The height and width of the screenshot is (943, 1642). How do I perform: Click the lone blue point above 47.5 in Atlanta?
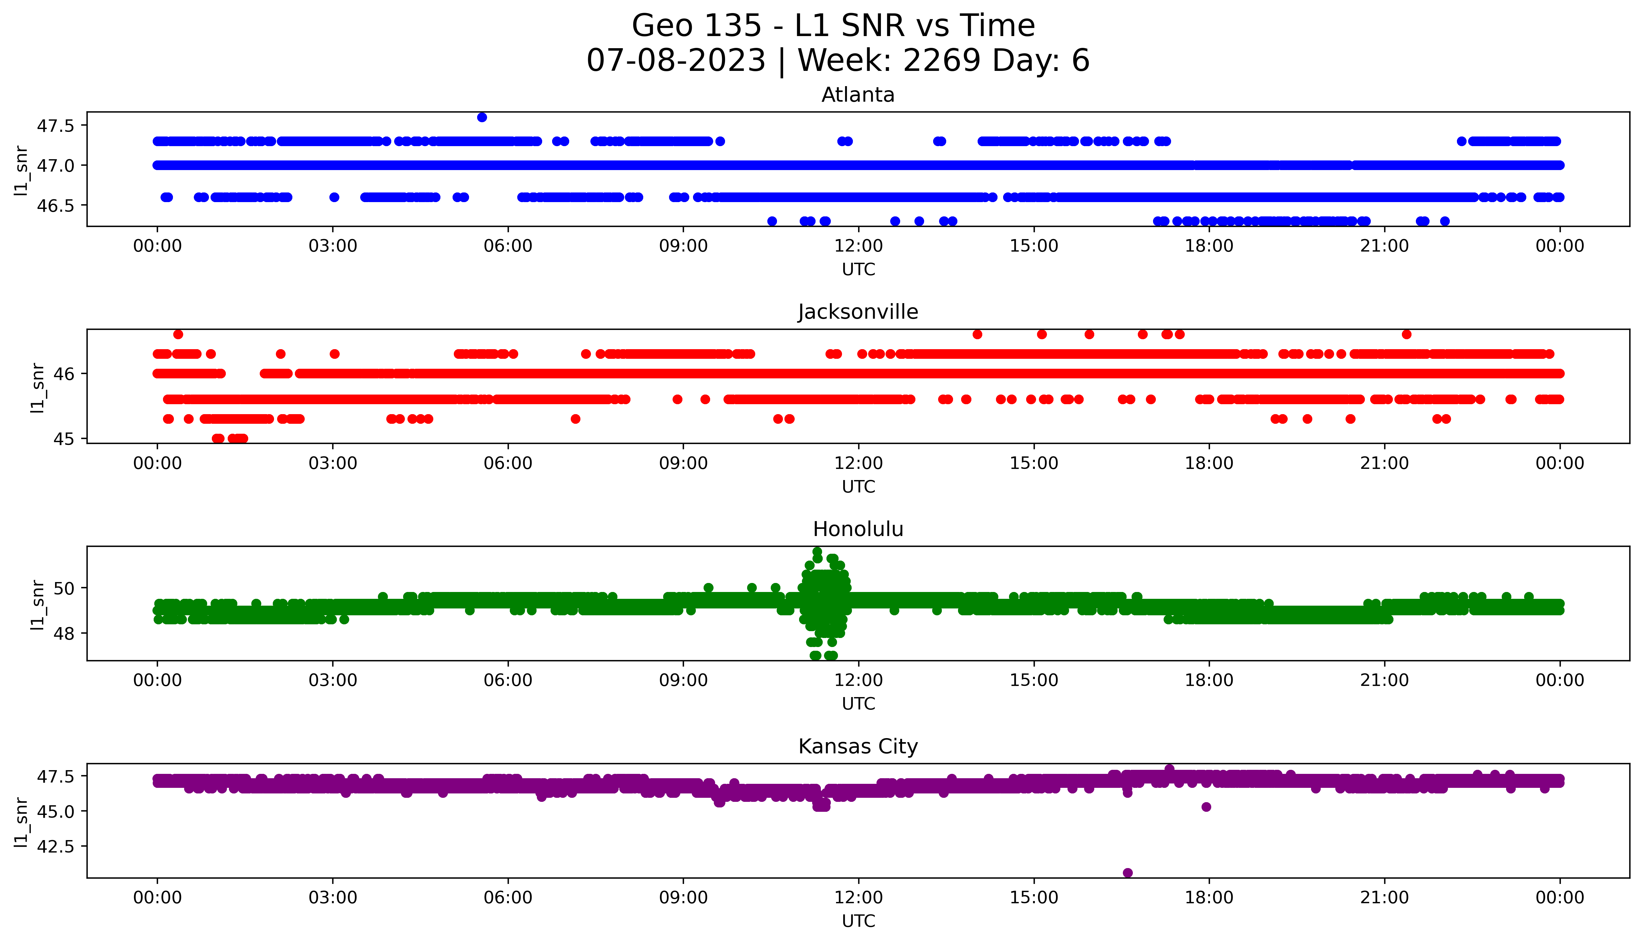pyautogui.click(x=482, y=117)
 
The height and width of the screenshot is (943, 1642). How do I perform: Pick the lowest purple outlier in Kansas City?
pyautogui.click(x=1128, y=872)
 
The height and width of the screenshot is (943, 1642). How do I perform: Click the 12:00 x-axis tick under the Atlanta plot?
pyautogui.click(x=858, y=246)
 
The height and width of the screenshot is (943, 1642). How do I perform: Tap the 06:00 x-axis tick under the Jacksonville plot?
pyautogui.click(x=508, y=463)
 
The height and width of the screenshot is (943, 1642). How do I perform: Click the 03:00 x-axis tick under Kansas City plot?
pyautogui.click(x=333, y=898)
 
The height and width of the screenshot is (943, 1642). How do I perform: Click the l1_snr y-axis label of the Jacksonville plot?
pyautogui.click(x=38, y=387)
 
